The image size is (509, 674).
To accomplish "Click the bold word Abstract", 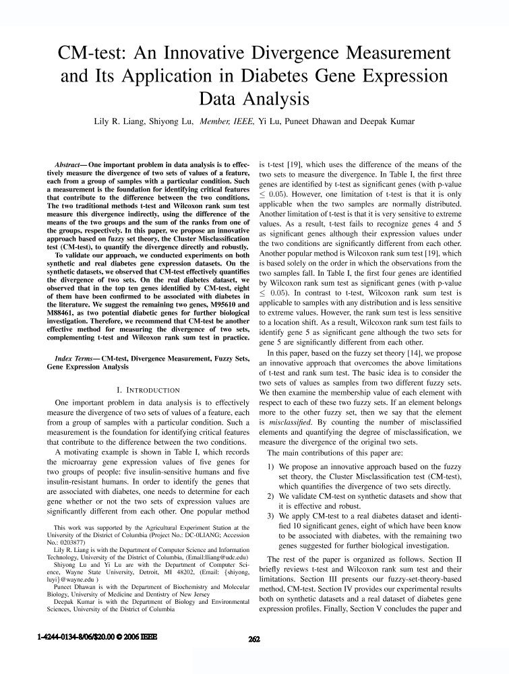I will coord(69,164).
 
